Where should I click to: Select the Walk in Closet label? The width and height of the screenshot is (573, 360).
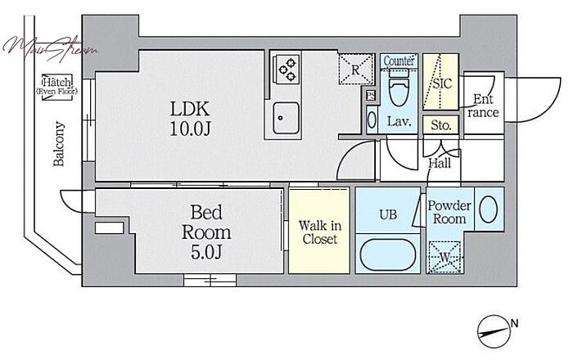(x=318, y=232)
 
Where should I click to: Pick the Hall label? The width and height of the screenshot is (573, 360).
(x=440, y=163)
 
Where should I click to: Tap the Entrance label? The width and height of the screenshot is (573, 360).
(x=483, y=106)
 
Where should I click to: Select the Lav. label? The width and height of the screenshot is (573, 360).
(x=399, y=122)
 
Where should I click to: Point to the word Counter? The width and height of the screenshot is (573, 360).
(x=399, y=61)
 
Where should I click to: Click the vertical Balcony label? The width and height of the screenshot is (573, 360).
(x=59, y=144)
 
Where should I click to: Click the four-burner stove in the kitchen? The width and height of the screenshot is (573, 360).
(x=286, y=69)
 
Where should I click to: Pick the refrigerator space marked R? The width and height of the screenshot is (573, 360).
(x=355, y=68)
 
